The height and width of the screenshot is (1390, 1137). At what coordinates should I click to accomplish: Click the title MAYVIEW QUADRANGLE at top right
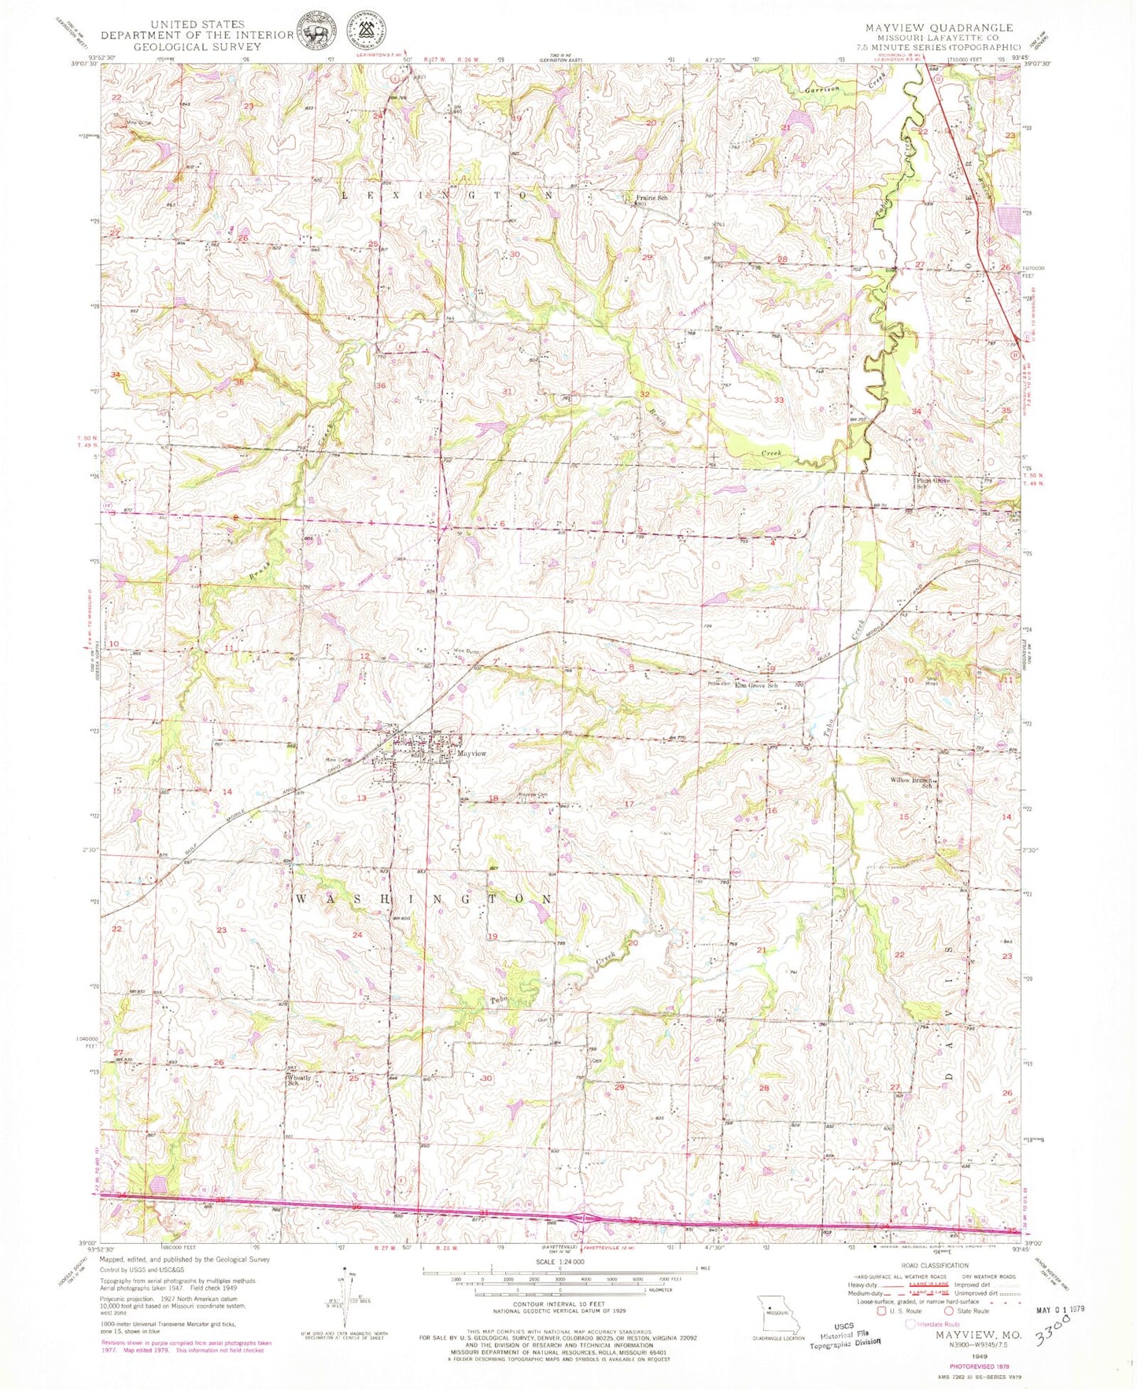[x=939, y=28]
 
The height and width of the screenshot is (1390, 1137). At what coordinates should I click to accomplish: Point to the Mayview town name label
[x=472, y=754]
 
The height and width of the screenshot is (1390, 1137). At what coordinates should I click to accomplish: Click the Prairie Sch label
[x=652, y=198]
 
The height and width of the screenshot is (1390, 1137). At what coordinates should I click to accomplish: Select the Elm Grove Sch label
[x=755, y=686]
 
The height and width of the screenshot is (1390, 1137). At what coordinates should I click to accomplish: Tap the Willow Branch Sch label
[x=915, y=783]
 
